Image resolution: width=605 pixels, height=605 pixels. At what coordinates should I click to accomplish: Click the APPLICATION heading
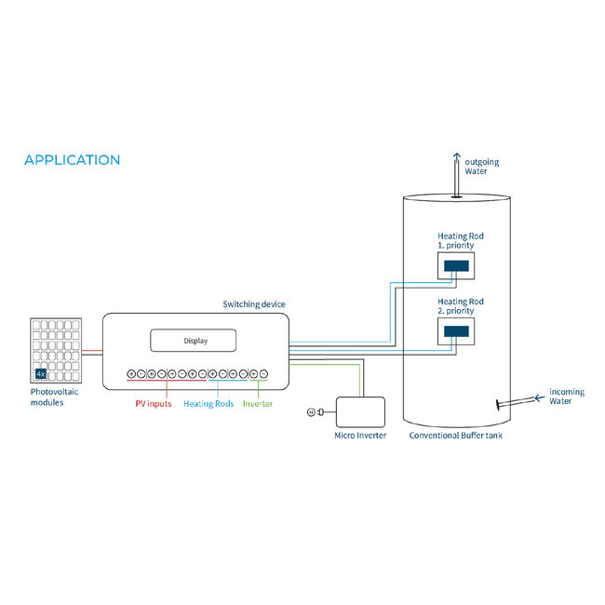72,160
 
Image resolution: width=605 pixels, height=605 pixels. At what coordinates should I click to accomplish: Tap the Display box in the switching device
195,341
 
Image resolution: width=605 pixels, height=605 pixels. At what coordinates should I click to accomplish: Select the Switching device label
254,304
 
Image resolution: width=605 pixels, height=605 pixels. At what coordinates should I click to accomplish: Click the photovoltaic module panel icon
55,352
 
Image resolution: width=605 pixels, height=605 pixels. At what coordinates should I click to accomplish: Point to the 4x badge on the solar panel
41,374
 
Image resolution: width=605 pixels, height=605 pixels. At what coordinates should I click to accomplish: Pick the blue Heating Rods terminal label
208,404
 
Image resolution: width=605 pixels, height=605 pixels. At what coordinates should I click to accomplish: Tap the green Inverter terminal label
258,404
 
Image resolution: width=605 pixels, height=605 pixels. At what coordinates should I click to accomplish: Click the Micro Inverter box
360,411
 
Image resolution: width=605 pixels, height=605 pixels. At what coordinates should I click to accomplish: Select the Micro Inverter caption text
360,436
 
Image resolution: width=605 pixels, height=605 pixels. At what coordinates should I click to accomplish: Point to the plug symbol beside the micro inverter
316,411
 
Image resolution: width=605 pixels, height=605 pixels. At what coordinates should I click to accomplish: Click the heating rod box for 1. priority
456,266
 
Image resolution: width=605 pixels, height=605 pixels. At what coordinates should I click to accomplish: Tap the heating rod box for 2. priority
456,330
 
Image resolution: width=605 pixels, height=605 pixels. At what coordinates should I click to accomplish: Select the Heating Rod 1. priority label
461,241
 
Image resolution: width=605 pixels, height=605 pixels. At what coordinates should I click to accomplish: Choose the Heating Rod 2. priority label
461,306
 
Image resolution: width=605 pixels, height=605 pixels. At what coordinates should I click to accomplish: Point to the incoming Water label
566,397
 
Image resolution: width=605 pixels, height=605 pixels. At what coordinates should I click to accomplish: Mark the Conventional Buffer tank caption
456,436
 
